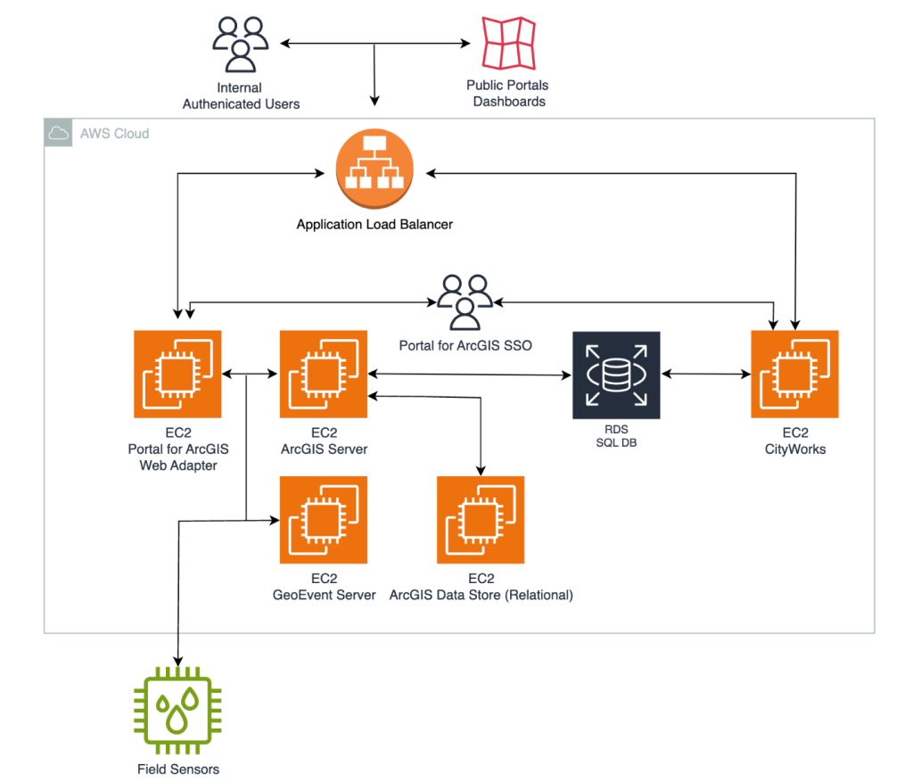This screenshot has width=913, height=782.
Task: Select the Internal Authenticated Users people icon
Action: click(240, 43)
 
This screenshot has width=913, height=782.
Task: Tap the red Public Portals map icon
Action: click(508, 43)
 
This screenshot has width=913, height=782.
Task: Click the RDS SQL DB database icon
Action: click(616, 375)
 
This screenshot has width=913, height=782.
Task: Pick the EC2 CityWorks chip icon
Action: click(794, 374)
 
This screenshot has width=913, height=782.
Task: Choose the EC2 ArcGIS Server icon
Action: click(324, 374)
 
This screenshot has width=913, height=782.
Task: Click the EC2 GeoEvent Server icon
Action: click(324, 520)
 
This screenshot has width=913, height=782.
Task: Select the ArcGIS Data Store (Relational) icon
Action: click(481, 520)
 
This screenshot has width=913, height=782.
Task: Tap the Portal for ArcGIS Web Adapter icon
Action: click(177, 374)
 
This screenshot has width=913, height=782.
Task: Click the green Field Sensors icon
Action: click(177, 711)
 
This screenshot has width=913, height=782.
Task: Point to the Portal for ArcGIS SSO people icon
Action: click(465, 301)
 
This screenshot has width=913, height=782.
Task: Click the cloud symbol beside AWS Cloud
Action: click(59, 134)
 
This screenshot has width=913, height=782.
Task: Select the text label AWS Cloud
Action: click(115, 134)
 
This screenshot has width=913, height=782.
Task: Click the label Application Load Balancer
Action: click(374, 225)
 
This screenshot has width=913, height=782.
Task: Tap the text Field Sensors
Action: click(177, 769)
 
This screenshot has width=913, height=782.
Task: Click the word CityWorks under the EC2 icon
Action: click(794, 449)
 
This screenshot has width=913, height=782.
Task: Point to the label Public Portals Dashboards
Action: click(508, 94)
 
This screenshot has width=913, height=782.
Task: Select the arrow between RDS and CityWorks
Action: click(705, 375)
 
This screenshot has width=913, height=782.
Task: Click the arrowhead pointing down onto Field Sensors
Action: click(178, 663)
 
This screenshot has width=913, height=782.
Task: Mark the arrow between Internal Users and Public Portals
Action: click(374, 43)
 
